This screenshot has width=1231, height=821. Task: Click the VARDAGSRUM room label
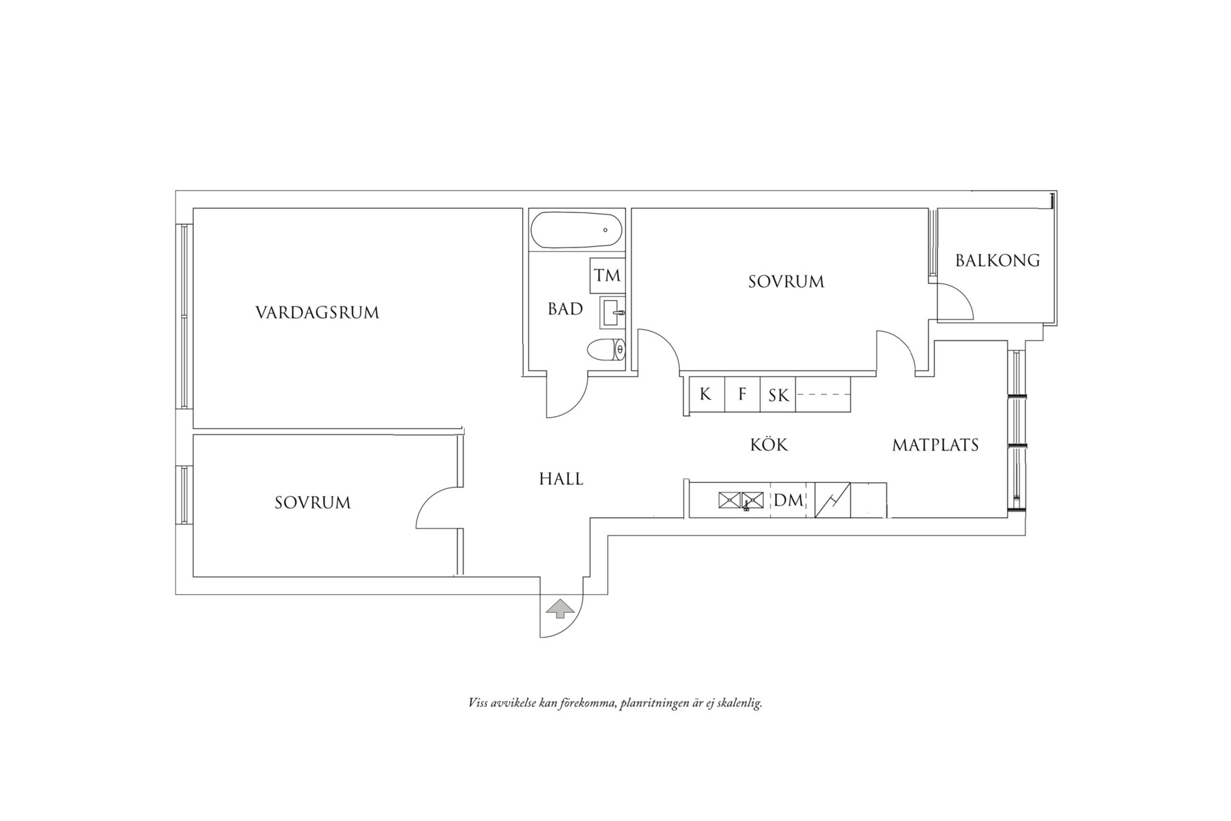(x=317, y=313)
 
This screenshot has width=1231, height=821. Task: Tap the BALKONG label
(x=997, y=260)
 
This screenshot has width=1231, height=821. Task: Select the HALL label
(x=561, y=479)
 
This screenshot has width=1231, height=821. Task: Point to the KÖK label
(x=769, y=444)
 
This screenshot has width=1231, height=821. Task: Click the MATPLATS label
(x=935, y=445)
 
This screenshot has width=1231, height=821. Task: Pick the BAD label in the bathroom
(x=565, y=309)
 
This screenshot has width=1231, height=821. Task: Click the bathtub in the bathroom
(x=576, y=230)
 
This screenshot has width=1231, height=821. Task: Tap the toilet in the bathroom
(x=607, y=351)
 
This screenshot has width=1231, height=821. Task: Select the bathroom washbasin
(x=612, y=313)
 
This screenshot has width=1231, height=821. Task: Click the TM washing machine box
(x=607, y=275)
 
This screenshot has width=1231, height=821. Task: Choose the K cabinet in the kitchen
(x=706, y=395)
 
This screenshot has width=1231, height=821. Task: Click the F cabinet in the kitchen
(x=742, y=395)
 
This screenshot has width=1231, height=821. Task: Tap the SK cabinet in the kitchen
(x=778, y=395)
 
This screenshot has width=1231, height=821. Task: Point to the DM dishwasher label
(x=789, y=500)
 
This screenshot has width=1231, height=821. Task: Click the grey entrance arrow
(x=559, y=609)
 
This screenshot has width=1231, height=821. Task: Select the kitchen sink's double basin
(x=741, y=500)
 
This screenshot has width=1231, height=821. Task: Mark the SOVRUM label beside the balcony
(x=786, y=282)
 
